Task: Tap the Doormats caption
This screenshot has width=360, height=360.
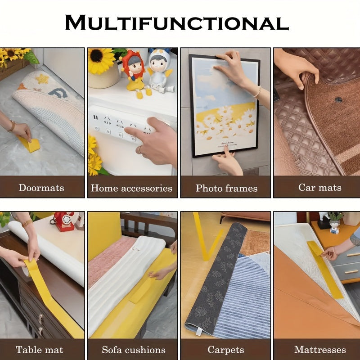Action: pos(41,187)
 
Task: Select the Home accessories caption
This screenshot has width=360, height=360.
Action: pos(131,188)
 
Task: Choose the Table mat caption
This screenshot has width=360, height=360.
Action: pos(39,350)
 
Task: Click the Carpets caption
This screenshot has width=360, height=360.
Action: pos(225,350)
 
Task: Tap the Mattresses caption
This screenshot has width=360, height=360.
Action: pos(320,350)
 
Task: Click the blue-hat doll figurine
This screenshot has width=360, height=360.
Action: pos(159,70)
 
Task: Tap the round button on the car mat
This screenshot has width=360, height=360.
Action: pos(338,99)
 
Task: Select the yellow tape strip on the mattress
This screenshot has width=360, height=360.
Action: pos(325,268)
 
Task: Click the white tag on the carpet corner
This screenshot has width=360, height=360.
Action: pos(198,332)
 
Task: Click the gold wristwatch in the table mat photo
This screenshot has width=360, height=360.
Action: pos(27,223)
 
